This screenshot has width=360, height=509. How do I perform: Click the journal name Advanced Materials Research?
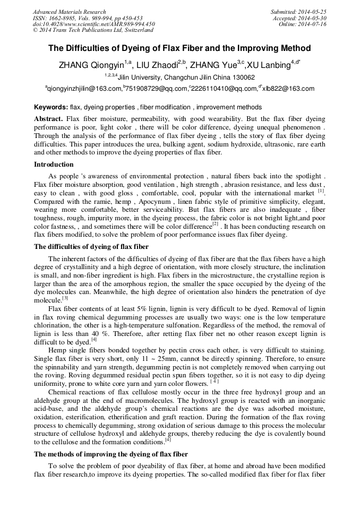(69, 12)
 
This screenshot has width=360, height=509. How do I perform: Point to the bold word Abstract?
(49, 118)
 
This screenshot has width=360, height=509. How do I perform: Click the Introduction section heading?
(54, 165)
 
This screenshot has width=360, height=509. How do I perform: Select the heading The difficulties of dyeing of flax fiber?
(91, 246)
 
